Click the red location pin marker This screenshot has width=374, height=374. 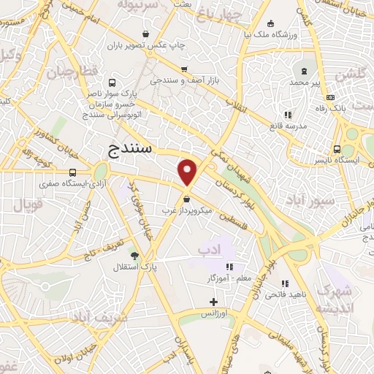[188, 173]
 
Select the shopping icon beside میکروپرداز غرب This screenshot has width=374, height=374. [188, 199]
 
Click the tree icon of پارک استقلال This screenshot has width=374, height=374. [134, 254]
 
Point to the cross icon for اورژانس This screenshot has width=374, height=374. [213, 301]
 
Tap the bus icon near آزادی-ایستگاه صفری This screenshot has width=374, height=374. [72, 172]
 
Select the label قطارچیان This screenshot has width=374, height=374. [71, 74]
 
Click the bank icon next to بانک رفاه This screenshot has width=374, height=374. [330, 98]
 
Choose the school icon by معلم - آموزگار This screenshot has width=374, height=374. [231, 267]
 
